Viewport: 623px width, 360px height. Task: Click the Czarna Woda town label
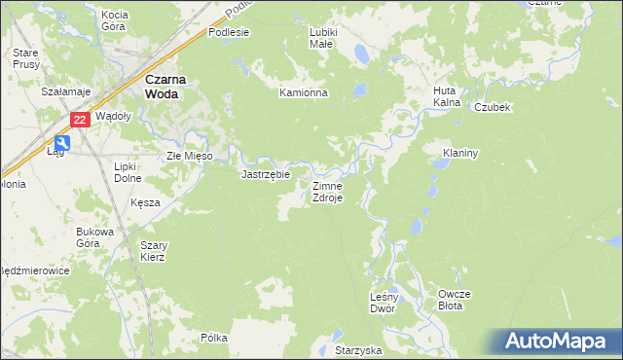(x=164, y=88)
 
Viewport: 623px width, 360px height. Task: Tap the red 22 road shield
(x=81, y=120)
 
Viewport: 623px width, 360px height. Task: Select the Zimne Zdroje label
(x=326, y=192)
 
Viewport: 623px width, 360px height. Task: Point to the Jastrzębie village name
(x=266, y=175)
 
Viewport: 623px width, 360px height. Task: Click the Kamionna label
(x=304, y=93)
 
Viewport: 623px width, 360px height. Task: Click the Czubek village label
(x=493, y=107)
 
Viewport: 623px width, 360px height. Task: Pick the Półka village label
(x=213, y=338)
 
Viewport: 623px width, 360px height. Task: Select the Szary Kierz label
(x=153, y=251)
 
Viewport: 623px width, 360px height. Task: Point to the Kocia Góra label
(x=115, y=20)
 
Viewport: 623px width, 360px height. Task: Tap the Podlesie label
(x=229, y=32)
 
